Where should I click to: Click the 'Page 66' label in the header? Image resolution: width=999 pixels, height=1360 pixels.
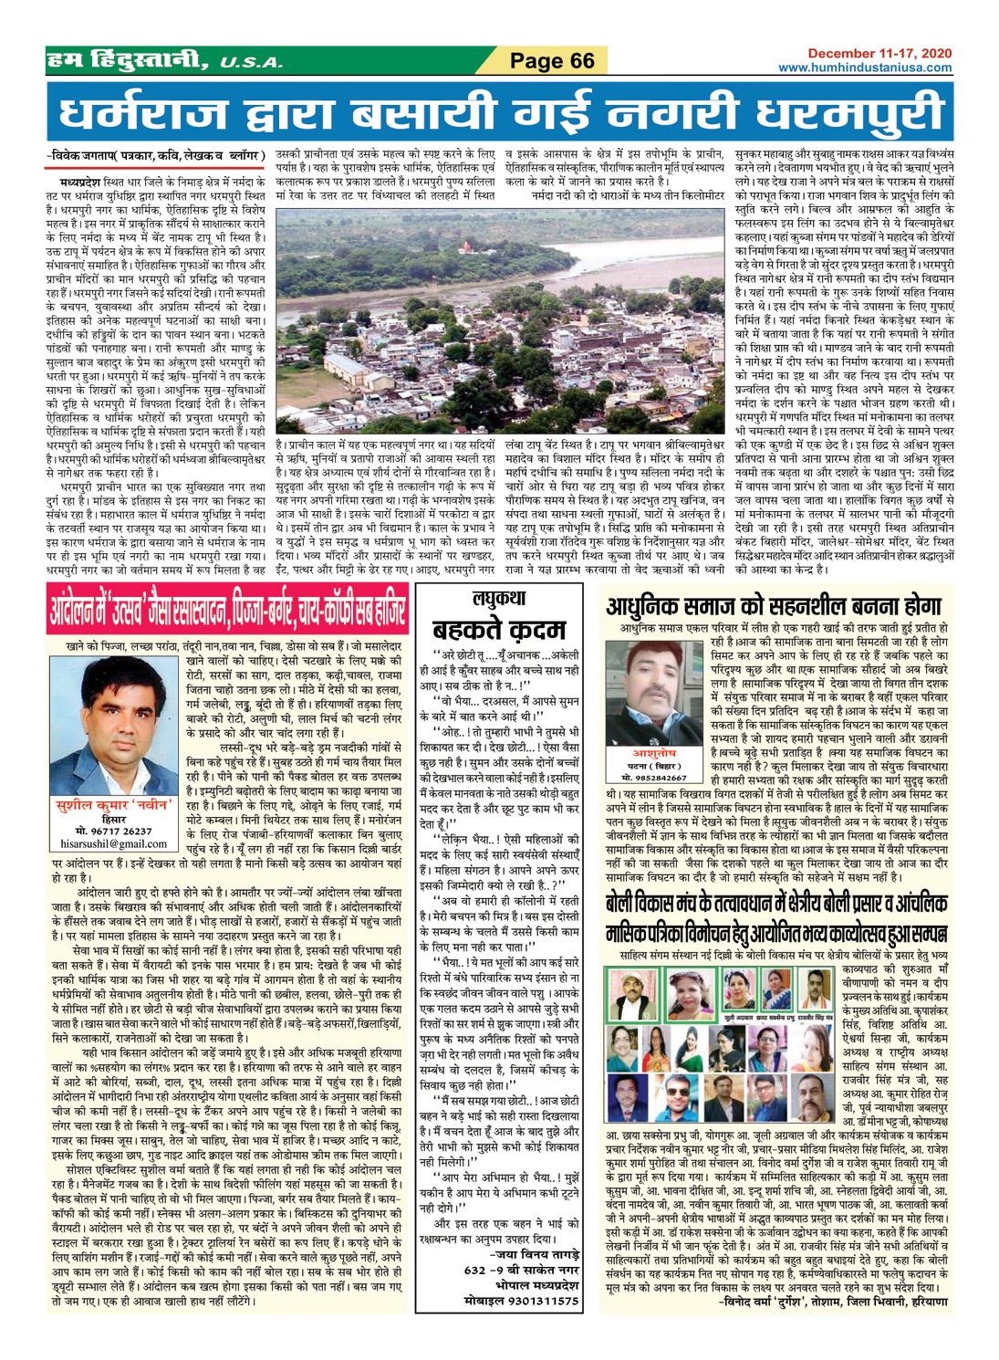coord(551,61)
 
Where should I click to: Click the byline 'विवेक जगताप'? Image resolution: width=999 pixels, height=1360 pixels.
coord(91,157)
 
